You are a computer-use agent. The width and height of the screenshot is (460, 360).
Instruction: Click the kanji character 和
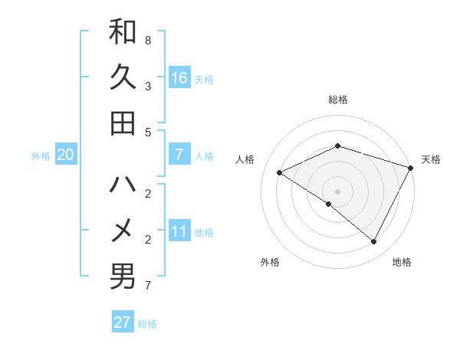coord(123,31)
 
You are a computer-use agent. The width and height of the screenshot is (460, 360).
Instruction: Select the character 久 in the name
coord(123,77)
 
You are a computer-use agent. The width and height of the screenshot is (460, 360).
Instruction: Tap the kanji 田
coord(123,123)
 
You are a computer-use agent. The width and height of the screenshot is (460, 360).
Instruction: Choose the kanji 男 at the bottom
coord(123,277)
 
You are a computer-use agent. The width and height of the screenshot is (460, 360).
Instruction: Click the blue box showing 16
coord(179,78)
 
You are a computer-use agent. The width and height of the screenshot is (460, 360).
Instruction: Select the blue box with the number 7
coord(179,155)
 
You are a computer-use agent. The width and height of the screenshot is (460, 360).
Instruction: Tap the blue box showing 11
coord(179,231)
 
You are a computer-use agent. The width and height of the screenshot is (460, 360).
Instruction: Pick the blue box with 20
coord(66,155)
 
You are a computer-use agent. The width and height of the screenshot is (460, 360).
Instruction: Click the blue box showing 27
coord(123,322)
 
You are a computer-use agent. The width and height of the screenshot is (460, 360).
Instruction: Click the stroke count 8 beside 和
coord(148,39)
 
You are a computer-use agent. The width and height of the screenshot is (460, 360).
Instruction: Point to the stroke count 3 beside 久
coord(148,86)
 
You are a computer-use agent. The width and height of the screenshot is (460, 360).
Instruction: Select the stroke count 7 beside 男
coord(148,286)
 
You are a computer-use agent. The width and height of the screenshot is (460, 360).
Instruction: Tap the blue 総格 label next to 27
coord(147,324)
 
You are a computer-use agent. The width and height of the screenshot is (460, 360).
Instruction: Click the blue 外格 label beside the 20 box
coord(41,156)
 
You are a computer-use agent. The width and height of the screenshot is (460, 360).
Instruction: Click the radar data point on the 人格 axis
coord(280,172)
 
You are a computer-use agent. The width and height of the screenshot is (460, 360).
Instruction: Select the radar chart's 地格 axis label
coord(402,262)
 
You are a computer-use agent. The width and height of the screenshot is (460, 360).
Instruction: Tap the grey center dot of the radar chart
coord(337,191)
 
